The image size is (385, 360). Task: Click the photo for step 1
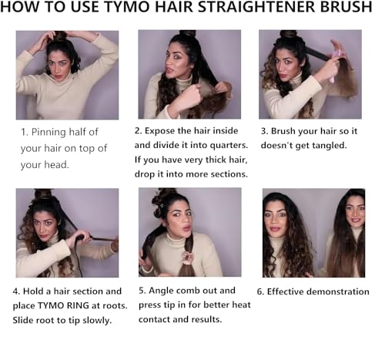(67, 75)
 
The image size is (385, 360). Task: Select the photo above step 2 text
(189, 74)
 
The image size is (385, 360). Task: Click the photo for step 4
(67, 232)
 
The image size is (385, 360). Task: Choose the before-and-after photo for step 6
(313, 232)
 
